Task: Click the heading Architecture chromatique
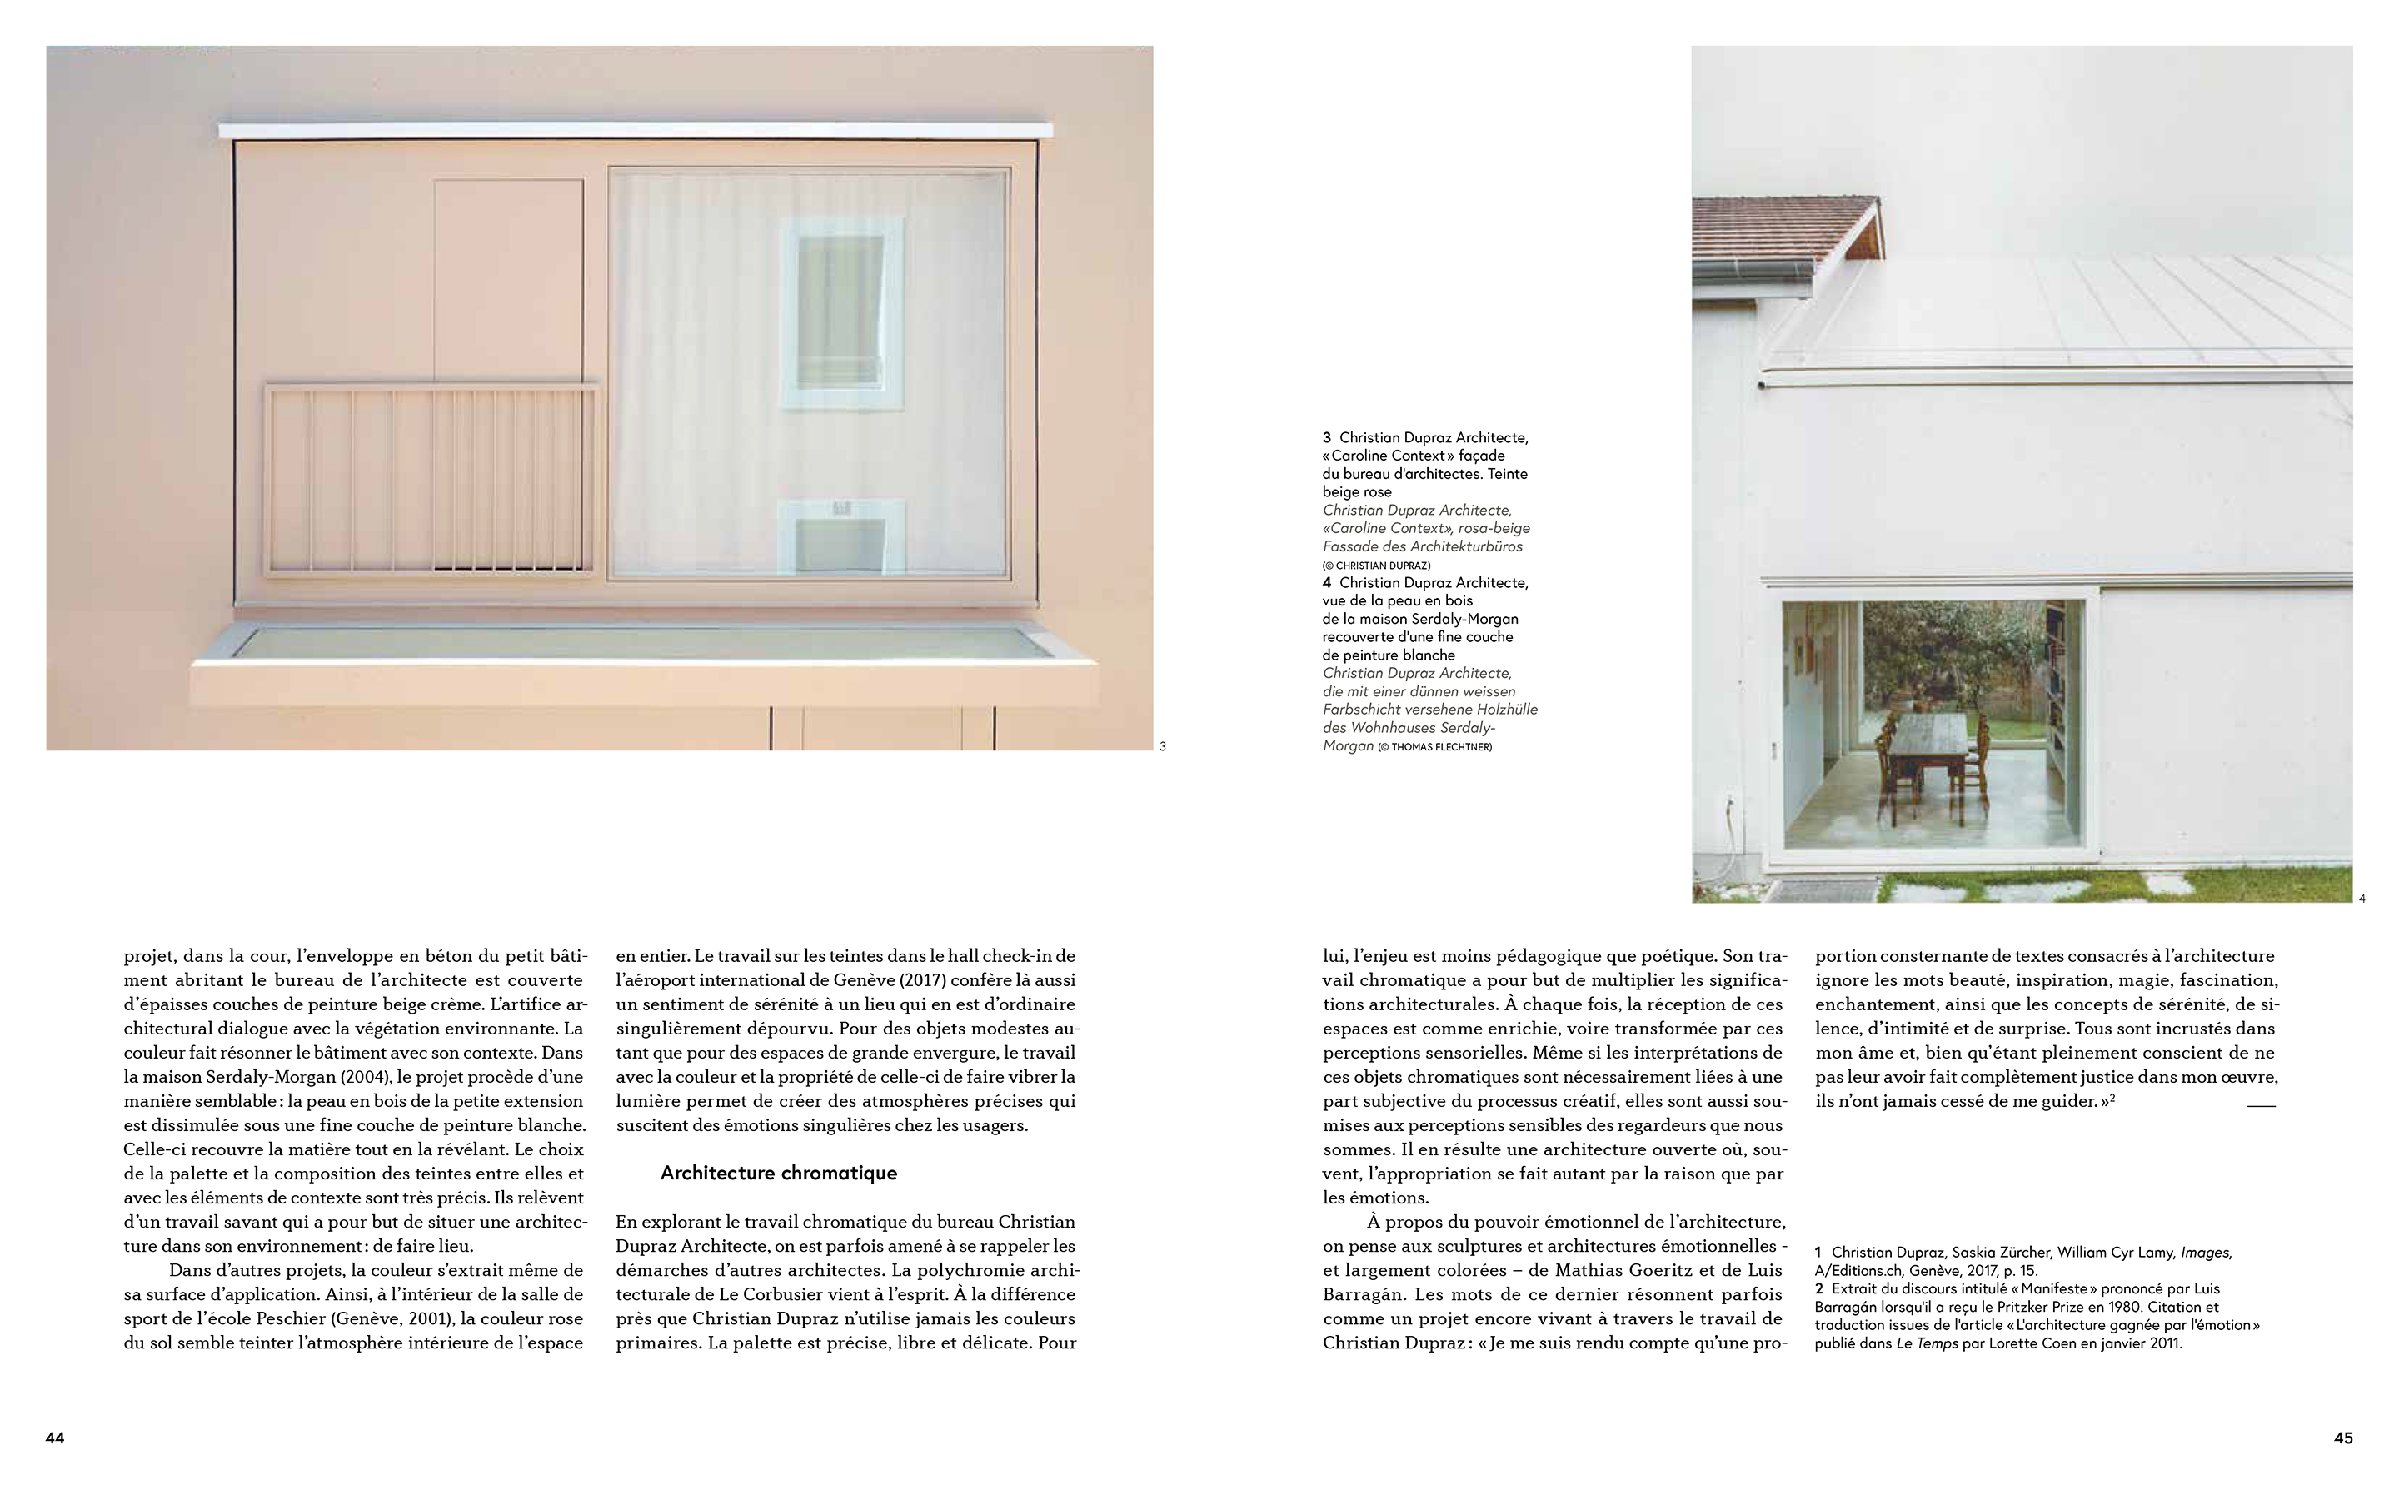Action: (778, 1173)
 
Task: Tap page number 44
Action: (55, 1438)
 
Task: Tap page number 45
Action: (2343, 1438)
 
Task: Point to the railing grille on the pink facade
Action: (430, 479)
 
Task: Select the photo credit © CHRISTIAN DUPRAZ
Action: (1376, 566)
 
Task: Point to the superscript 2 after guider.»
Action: (2112, 1097)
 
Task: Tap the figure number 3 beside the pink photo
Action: (1163, 746)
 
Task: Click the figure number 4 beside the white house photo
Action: (2362, 899)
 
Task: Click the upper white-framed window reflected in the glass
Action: (841, 312)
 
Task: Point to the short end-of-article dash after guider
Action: (2261, 1106)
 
